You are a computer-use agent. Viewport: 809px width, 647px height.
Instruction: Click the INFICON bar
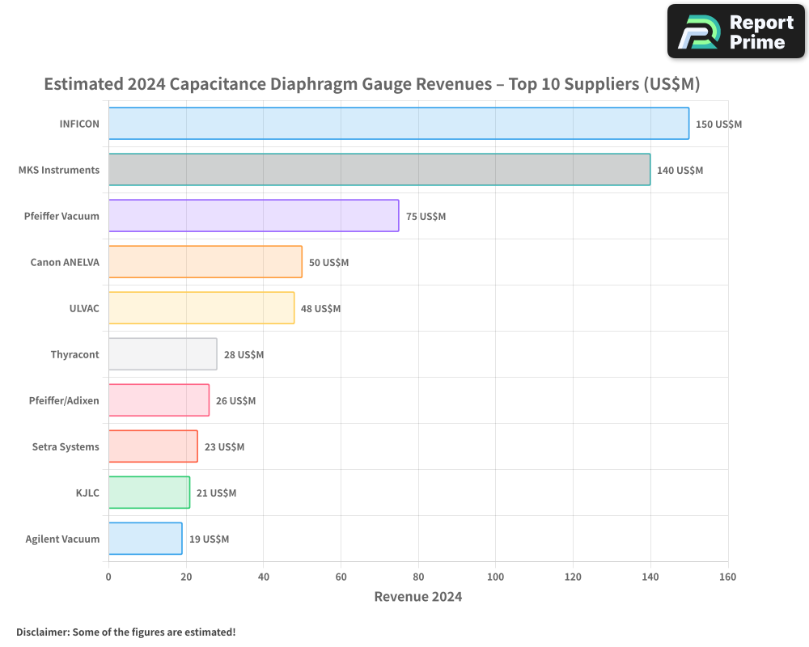[399, 123]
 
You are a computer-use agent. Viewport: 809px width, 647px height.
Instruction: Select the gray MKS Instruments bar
[379, 169]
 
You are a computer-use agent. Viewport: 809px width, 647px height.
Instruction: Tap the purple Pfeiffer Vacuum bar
[254, 216]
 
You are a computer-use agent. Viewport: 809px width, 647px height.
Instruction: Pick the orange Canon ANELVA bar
[205, 261]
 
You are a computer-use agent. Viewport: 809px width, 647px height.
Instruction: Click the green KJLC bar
[149, 493]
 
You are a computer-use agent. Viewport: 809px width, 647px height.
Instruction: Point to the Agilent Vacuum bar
[146, 539]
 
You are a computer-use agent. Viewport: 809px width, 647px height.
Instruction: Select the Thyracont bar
[163, 354]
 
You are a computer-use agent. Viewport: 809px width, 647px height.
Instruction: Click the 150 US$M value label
[718, 125]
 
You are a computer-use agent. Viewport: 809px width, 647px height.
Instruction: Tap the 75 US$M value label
[426, 217]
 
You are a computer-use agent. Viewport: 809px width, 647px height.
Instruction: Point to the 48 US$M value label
[320, 308]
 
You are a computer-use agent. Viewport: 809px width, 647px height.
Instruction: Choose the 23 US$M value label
[224, 446]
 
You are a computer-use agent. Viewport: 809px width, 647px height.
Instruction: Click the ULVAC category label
[84, 308]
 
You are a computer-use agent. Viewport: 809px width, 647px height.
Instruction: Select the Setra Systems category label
[66, 446]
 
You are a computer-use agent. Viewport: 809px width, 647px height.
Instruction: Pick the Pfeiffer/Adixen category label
[64, 401]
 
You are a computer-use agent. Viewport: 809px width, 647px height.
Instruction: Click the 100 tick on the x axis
[495, 577]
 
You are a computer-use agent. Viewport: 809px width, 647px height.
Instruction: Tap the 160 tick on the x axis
[727, 577]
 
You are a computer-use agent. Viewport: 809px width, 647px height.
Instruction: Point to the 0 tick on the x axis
[108, 577]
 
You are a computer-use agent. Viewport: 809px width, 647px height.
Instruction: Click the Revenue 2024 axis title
[418, 597]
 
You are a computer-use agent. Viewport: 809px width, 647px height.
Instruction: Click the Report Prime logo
[735, 32]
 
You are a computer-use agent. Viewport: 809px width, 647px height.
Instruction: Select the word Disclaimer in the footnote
[43, 632]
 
